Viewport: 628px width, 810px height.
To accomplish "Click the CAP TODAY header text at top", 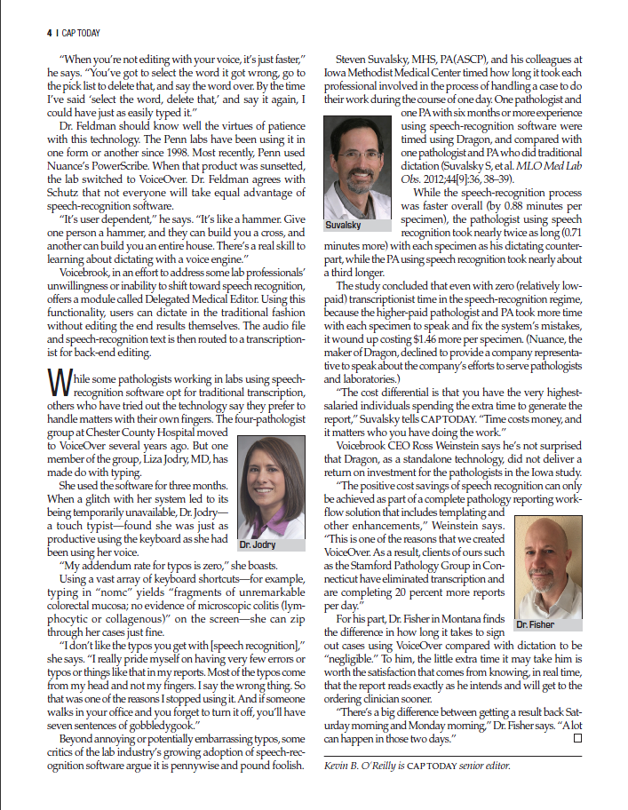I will pyautogui.click(x=81, y=34).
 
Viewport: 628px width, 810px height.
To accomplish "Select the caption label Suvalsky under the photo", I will pyautogui.click(x=343, y=226).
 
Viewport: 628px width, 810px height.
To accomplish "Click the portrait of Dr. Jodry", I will pyautogui.click(x=272, y=484).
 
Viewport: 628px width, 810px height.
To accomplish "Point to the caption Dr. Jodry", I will pyautogui.click(x=258, y=544).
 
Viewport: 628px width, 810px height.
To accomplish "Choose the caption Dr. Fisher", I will pyautogui.click(x=536, y=624).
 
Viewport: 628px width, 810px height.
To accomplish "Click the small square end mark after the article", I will pyautogui.click(x=577, y=738).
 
